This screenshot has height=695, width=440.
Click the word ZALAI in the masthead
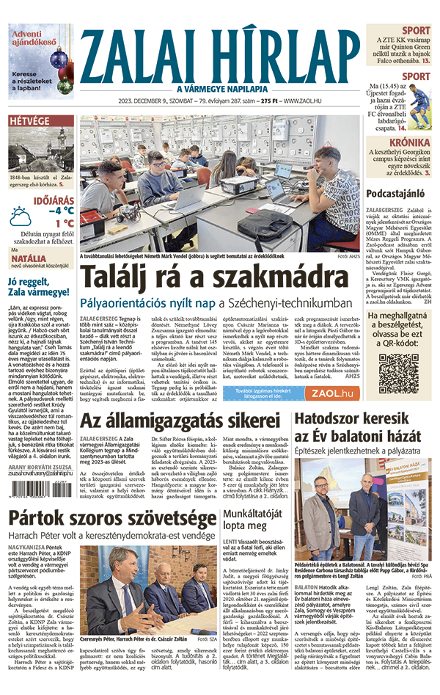tap(139, 54)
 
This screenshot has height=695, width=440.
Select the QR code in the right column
tap(398, 372)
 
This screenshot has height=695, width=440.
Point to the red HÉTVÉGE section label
tap(29, 120)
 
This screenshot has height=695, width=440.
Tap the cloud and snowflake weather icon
tap(21, 216)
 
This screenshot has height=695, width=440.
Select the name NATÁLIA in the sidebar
tap(25, 259)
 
